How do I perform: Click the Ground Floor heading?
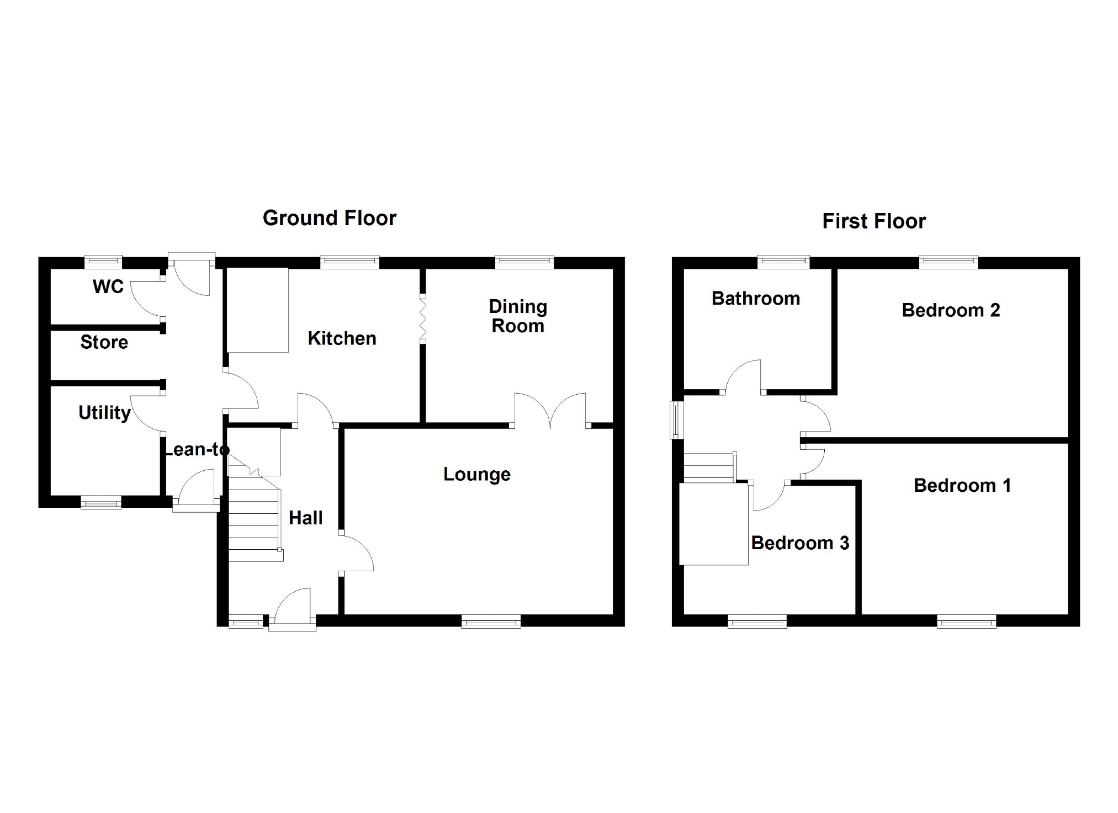point(329,218)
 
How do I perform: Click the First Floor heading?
point(873,221)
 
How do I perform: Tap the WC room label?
point(108,286)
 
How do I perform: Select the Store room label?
point(104,342)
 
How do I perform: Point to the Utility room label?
point(104,412)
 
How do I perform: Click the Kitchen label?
point(342,338)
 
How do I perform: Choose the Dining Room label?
point(518,316)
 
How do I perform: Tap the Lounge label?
point(476,474)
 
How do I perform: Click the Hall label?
point(305,518)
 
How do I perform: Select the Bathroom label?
point(755,299)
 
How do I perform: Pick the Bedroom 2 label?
point(950,310)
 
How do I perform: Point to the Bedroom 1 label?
point(962,485)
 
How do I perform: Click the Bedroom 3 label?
point(799,543)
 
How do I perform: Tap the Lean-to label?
point(196,450)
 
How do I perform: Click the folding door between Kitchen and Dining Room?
point(423,320)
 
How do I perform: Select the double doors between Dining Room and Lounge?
point(550,411)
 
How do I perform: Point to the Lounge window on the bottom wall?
point(491,622)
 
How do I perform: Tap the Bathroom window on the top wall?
point(783,262)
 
